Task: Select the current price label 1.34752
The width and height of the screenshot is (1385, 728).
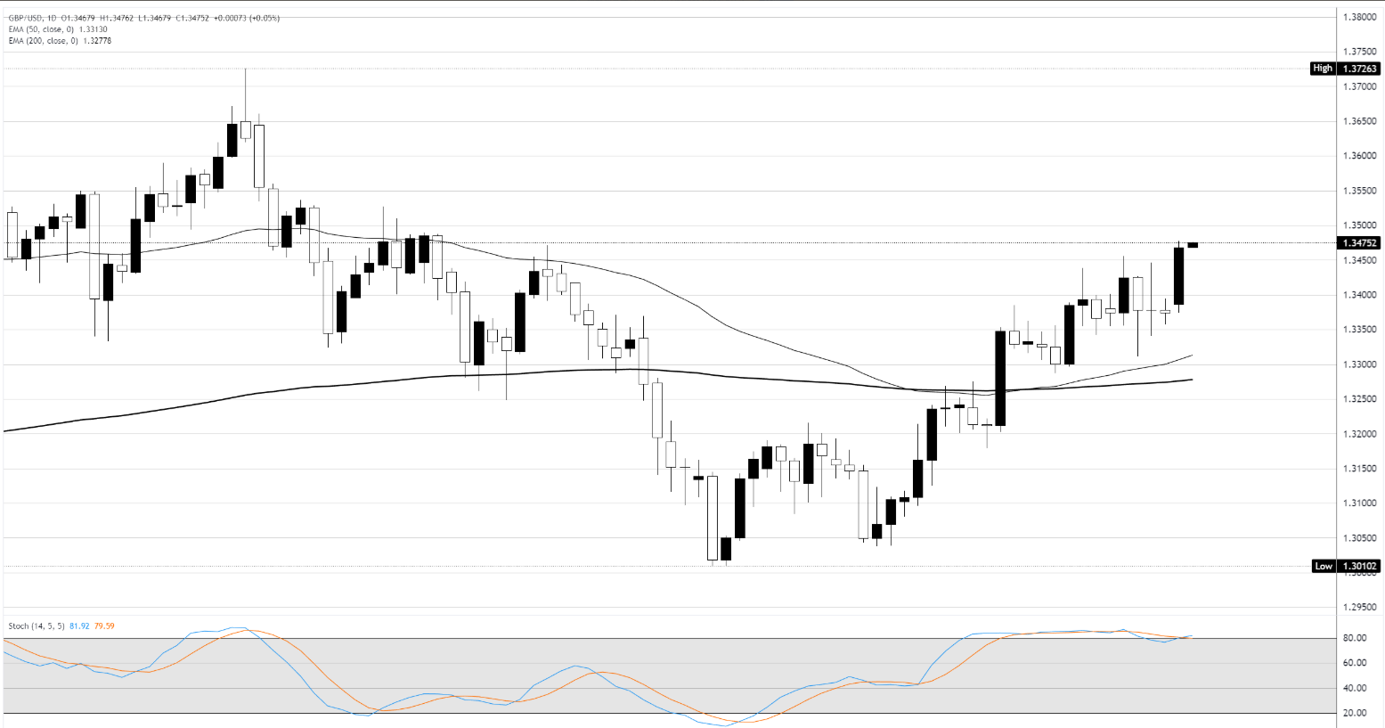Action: [1359, 242]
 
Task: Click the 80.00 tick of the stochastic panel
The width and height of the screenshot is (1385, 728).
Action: [1355, 638]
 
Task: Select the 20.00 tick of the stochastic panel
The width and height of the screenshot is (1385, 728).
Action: [1355, 713]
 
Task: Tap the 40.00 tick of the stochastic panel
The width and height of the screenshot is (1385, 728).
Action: [1355, 688]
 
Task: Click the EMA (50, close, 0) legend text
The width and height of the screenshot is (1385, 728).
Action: [58, 29]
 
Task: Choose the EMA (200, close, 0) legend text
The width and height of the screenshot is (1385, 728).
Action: [60, 41]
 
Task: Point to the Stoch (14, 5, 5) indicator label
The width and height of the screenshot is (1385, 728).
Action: [37, 626]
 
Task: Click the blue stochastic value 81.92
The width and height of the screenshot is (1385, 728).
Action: [79, 626]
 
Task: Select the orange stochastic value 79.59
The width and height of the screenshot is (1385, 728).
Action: [104, 626]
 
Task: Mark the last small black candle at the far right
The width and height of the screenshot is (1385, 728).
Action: [1193, 245]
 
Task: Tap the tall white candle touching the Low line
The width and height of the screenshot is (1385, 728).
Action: [712, 517]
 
